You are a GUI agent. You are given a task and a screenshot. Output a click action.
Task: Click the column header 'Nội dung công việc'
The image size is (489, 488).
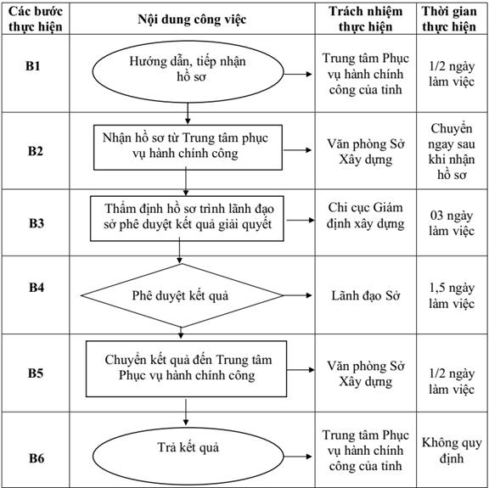[192, 20]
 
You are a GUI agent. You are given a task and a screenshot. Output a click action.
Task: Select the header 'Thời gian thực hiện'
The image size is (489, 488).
[449, 19]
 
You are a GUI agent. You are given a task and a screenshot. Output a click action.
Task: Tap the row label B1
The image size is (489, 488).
[33, 66]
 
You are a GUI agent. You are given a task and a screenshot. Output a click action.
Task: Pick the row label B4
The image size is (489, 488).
[37, 287]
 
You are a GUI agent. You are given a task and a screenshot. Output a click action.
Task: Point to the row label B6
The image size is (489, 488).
[37, 458]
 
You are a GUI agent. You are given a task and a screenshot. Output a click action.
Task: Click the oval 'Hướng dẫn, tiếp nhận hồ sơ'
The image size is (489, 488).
[188, 72]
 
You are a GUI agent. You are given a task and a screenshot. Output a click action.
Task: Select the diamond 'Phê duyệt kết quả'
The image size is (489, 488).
[182, 295]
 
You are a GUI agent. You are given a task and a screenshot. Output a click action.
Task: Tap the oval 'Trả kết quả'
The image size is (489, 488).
[188, 456]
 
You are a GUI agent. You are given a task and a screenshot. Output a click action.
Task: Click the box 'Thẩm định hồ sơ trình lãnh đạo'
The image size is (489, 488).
[187, 219]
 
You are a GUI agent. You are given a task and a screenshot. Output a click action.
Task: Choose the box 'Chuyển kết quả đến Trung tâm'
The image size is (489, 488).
[186, 369]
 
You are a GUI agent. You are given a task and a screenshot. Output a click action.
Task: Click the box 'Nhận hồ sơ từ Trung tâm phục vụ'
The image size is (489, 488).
[188, 148]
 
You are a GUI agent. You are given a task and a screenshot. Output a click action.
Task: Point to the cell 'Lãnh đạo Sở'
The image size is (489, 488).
[366, 295]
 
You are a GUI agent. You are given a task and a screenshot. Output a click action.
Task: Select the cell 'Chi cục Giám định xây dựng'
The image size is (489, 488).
[366, 216]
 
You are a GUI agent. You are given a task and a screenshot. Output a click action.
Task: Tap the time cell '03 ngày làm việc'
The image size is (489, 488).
[452, 223]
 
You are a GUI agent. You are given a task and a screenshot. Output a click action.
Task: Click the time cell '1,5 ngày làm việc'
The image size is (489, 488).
[452, 295]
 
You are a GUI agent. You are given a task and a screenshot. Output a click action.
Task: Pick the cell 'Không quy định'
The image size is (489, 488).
[452, 451]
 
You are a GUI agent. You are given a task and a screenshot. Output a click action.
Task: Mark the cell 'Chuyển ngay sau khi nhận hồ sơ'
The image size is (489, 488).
[452, 152]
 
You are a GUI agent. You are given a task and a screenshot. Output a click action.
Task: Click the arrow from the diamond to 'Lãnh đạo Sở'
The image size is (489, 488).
[297, 295]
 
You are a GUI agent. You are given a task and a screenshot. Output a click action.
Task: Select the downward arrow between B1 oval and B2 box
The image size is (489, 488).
[188, 114]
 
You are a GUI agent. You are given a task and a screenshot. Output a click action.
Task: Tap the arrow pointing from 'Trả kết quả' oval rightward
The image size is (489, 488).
[298, 457]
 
